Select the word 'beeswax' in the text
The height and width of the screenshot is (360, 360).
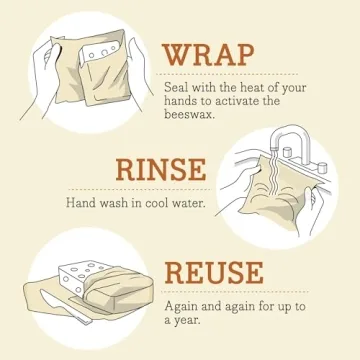tap(188, 115)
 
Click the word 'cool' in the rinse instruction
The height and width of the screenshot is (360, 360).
tap(162, 203)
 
